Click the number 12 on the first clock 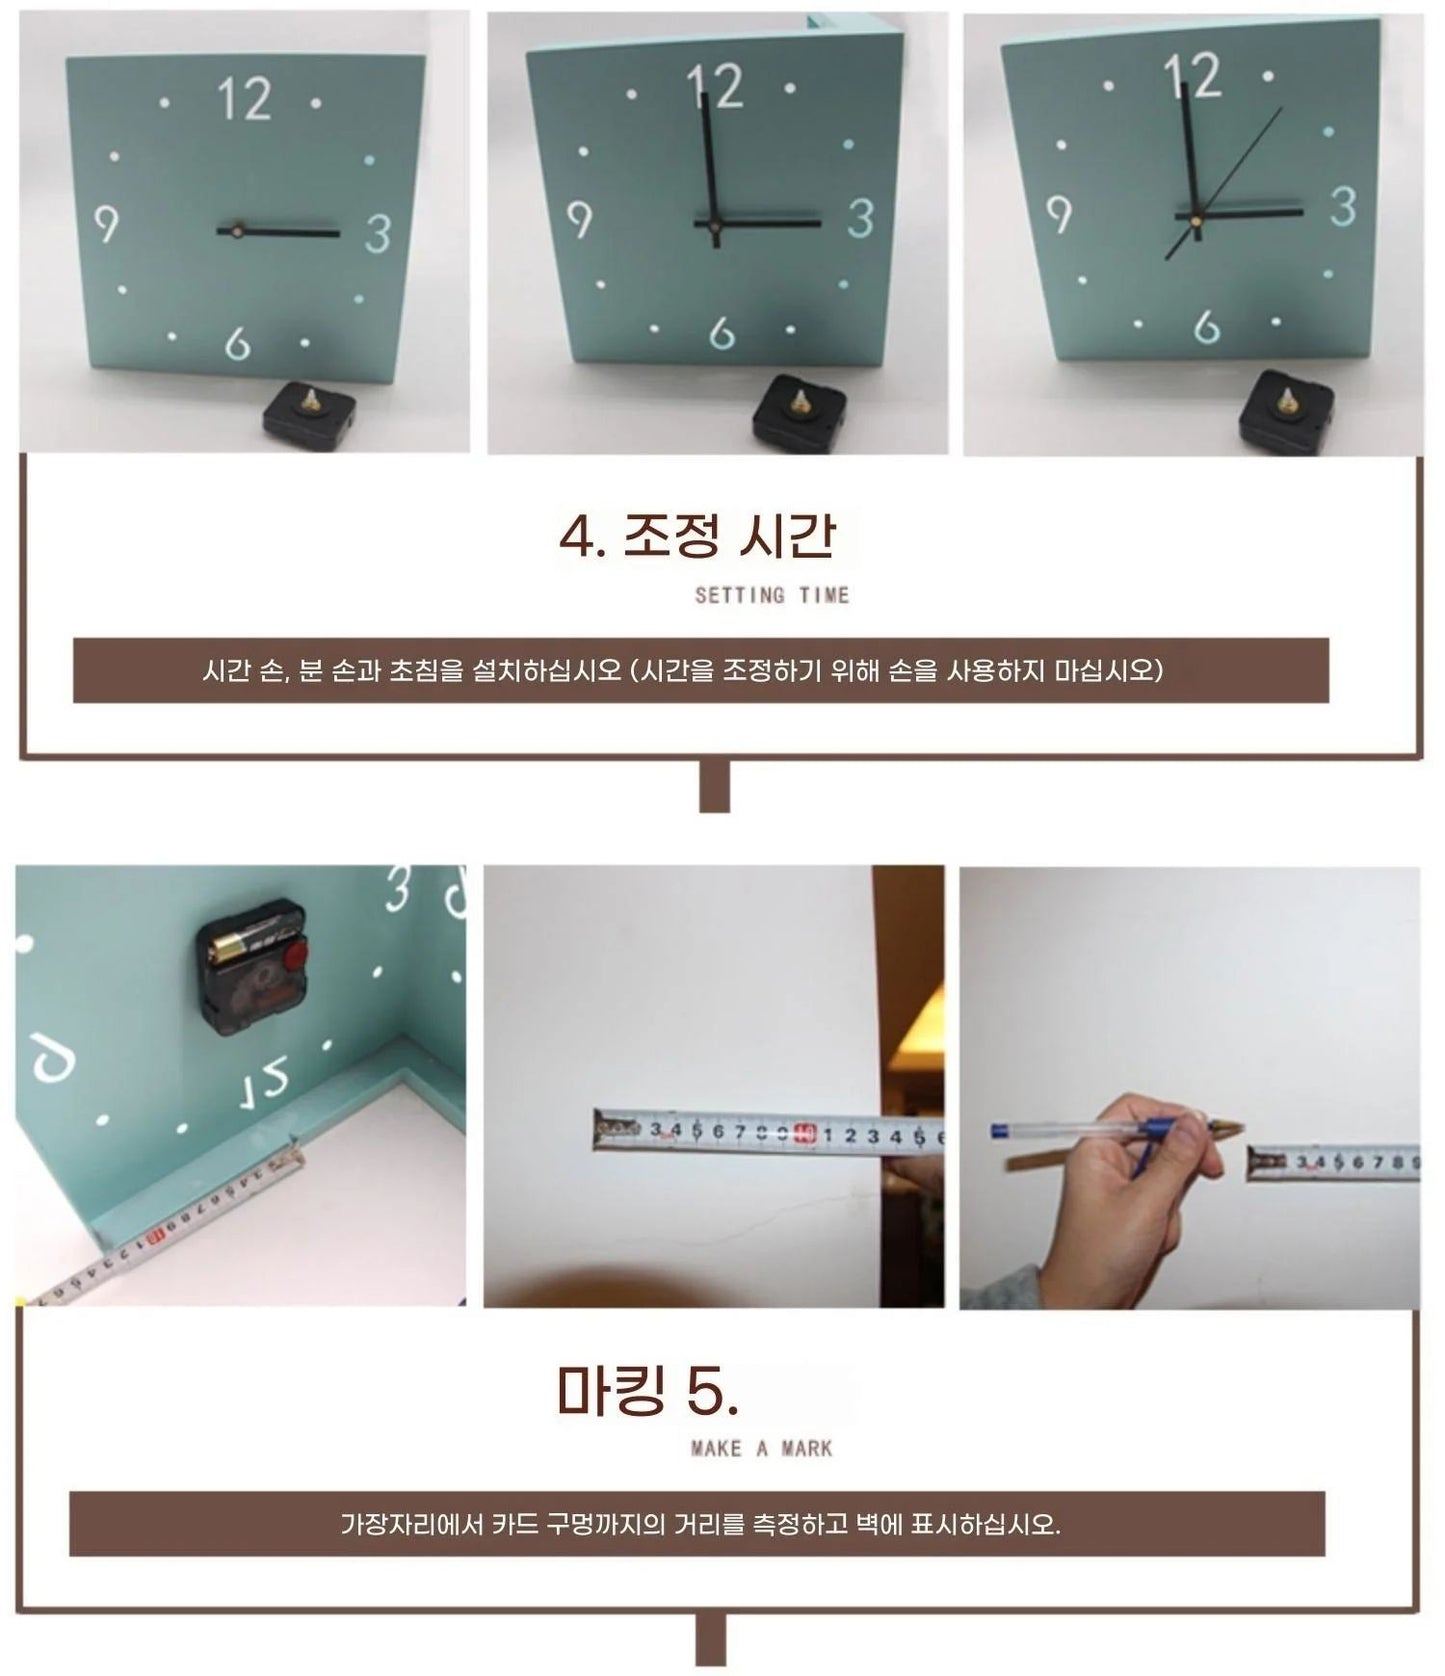click(x=244, y=99)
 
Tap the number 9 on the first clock click(x=106, y=224)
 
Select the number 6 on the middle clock click(x=721, y=333)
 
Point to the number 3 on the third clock click(x=1342, y=207)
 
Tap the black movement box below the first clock click(x=309, y=412)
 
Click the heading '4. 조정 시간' click(x=697, y=536)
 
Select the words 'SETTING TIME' click(x=771, y=595)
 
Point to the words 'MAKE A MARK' click(x=761, y=1448)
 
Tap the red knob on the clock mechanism click(x=295, y=958)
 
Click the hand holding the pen click(x=1140, y=1190)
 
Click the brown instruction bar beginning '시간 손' click(x=700, y=670)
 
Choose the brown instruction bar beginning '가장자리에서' click(x=697, y=1524)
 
